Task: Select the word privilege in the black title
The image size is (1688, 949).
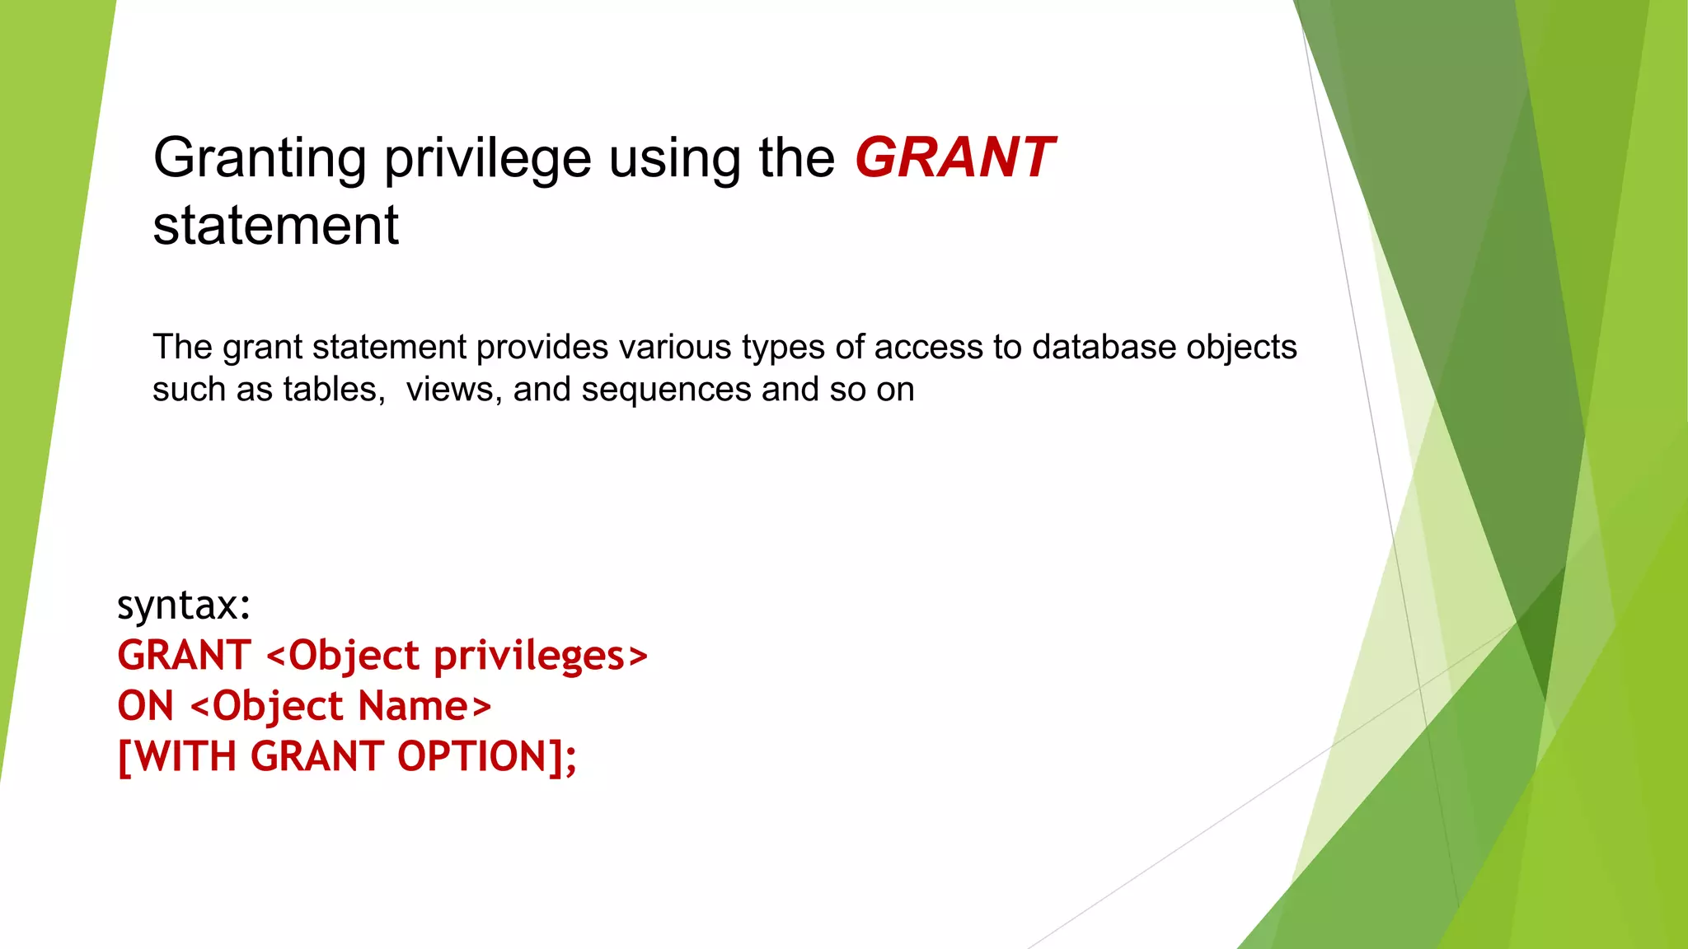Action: point(488,158)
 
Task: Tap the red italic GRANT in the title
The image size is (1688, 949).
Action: point(954,158)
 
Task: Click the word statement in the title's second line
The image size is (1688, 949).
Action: point(276,226)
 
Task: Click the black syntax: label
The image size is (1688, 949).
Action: point(184,605)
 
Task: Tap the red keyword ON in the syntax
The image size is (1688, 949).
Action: point(146,707)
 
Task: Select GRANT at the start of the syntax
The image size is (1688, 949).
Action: point(184,657)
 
